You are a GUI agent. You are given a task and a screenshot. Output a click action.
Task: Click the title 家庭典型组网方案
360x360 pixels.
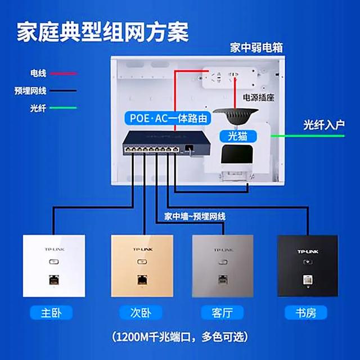[102, 31]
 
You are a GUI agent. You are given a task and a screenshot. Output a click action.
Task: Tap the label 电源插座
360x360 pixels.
[258, 98]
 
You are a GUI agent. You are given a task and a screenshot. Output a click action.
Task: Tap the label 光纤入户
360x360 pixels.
[323, 123]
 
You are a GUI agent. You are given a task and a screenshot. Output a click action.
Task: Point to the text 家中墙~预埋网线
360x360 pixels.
[195, 216]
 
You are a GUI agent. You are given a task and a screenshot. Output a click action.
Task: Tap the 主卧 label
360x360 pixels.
[54, 312]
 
